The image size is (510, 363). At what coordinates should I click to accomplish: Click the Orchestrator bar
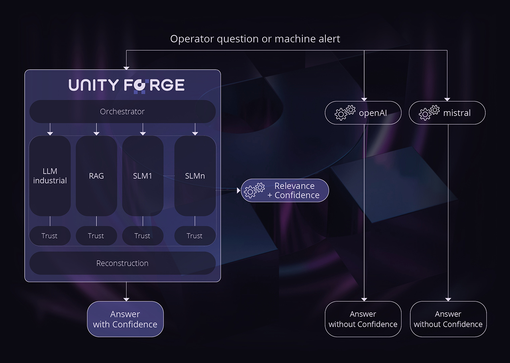pos(122,111)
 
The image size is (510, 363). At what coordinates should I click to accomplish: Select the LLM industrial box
pos(50,176)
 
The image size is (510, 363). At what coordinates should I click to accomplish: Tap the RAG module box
pos(96,176)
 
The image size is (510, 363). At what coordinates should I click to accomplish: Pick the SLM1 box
pos(143,176)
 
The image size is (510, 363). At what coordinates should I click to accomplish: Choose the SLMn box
pos(195,176)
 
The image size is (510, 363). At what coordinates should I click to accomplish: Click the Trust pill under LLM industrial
pos(50,236)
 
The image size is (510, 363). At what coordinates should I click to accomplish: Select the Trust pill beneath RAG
pos(96,236)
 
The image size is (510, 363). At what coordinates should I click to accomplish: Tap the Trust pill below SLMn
pos(195,236)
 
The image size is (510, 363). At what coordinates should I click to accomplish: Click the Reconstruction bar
pos(122,263)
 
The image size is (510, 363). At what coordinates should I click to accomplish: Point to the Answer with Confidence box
pos(125,319)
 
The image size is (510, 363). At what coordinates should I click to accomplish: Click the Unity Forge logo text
pos(126,85)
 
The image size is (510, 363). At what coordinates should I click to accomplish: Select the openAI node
pos(363,113)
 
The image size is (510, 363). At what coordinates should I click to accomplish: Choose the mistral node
pos(447,113)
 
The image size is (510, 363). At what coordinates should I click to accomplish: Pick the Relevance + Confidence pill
pos(285,190)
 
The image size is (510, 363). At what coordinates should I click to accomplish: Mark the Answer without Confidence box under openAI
pos(363,319)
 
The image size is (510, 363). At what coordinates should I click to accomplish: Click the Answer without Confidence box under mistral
pos(448,319)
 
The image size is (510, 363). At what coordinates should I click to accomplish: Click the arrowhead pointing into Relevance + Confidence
pos(239,191)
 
